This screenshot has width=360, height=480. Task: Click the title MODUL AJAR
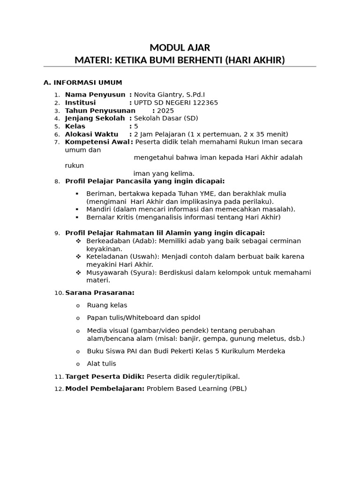(180, 47)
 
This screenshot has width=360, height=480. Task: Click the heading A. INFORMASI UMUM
(82, 82)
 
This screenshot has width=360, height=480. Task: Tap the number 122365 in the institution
(202, 103)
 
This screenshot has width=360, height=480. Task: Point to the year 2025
(165, 111)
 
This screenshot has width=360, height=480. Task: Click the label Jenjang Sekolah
(95, 119)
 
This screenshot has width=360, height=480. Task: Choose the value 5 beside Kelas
(136, 127)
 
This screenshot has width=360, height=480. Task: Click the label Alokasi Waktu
(91, 134)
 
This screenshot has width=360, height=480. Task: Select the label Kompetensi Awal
(97, 142)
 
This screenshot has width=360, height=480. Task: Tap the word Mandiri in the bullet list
(98, 210)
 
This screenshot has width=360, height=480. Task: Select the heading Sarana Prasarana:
(100, 293)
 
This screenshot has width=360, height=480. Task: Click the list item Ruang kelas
(107, 306)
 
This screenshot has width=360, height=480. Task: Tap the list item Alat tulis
(101, 364)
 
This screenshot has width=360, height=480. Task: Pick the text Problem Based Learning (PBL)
(196, 389)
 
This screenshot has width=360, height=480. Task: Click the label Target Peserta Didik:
(105, 376)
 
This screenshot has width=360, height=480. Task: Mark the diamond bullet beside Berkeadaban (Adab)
(78, 241)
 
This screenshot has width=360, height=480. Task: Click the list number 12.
(59, 389)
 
